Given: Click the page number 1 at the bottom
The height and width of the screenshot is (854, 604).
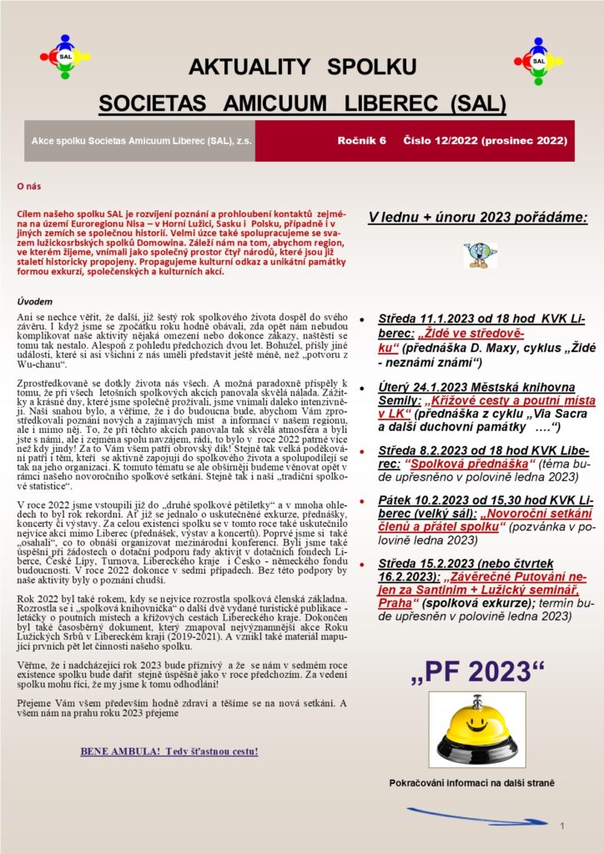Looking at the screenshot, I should point(565,825).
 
